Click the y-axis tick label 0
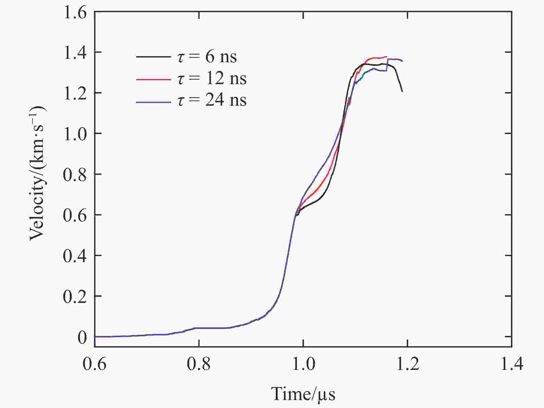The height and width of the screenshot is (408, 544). [82, 337]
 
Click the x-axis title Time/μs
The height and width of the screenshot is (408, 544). [303, 394]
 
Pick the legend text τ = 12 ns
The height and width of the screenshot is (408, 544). [212, 79]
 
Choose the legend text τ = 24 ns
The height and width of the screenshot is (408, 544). [212, 100]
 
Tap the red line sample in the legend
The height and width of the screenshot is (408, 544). [153, 79]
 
